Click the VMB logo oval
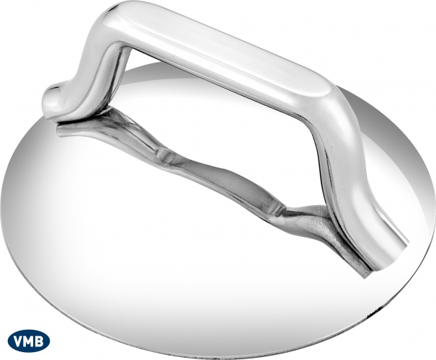(x=29, y=341)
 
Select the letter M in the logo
(x=30, y=341)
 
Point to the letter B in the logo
(x=40, y=341)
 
